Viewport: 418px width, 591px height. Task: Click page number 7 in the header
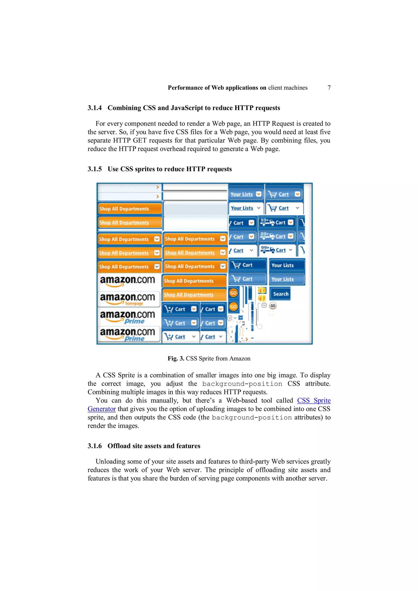coord(329,88)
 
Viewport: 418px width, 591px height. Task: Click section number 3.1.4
coord(94,108)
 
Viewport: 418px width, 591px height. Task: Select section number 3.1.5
coord(94,169)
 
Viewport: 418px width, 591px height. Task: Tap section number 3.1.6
coord(94,446)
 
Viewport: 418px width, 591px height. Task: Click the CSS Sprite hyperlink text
coord(314,400)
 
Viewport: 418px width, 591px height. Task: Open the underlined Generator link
coord(101,409)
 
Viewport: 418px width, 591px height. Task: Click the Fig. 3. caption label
coord(176,359)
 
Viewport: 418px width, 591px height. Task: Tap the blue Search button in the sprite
coord(280,294)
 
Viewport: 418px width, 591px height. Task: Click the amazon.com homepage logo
coord(128,299)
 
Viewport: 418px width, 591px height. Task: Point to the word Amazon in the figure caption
coord(240,359)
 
